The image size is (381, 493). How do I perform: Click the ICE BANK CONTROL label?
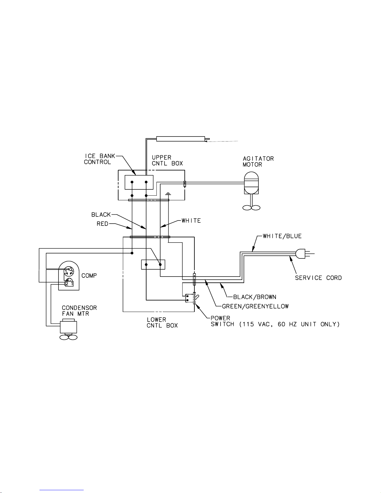[100, 159]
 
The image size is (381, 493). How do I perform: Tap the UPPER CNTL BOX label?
[167, 160]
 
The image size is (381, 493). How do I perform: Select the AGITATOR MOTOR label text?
[258, 161]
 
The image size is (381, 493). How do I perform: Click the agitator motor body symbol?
[251, 183]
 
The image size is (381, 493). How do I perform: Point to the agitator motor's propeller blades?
[251, 207]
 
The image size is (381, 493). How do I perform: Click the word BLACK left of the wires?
[101, 215]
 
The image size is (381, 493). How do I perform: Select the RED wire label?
[103, 224]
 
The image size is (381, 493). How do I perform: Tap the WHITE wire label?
[191, 221]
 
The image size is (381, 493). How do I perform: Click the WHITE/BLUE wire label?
[282, 236]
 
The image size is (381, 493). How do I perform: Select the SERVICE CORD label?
[318, 278]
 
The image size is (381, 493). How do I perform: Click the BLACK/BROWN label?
[255, 297]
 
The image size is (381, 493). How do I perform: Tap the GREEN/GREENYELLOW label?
[255, 306]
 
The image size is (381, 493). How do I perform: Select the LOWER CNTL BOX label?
[162, 323]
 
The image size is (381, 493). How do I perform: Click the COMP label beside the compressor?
[89, 276]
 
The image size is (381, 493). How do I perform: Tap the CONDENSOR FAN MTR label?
[79, 311]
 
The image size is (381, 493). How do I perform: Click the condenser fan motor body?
[68, 327]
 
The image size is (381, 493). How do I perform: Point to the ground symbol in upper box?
[168, 194]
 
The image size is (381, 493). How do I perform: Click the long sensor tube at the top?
[181, 139]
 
